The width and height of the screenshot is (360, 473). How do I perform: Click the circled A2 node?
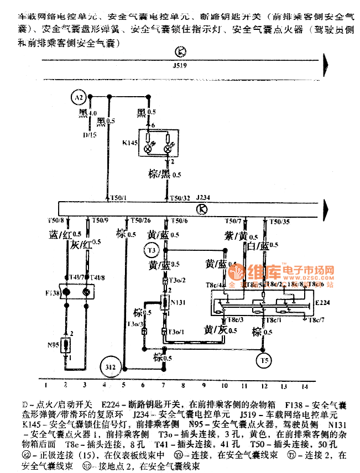(80, 98)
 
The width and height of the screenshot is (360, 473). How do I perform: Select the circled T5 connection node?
(265, 361)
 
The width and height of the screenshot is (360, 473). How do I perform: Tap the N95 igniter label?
(54, 348)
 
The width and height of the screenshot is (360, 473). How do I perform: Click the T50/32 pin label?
(180, 197)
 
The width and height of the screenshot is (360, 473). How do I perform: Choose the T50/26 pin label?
(142, 221)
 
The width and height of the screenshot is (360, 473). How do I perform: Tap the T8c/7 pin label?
(316, 319)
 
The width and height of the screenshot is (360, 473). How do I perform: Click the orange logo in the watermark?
(239, 273)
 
